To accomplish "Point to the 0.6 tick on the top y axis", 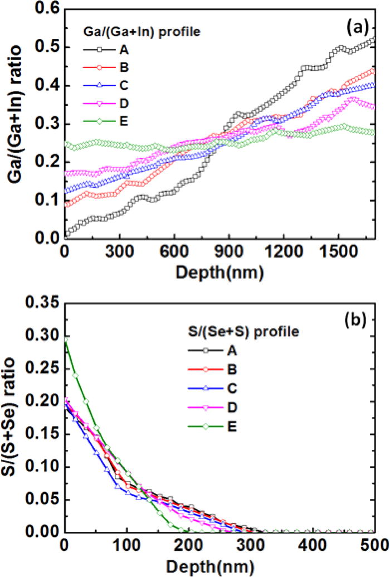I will coord(51,9).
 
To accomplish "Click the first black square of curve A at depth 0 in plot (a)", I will coord(67,234).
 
